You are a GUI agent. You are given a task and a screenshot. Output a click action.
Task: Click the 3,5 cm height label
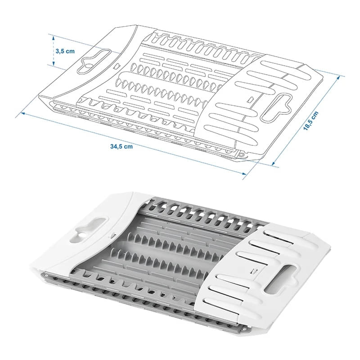(x=65, y=51)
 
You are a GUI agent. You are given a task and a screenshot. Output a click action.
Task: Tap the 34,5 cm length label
(x=121, y=146)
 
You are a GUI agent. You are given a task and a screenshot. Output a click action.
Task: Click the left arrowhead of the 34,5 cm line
(x=19, y=115)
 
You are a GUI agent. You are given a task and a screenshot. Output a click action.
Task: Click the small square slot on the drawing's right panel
(x=250, y=99)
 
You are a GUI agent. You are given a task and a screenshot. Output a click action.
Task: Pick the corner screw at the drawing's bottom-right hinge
(x=242, y=154)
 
